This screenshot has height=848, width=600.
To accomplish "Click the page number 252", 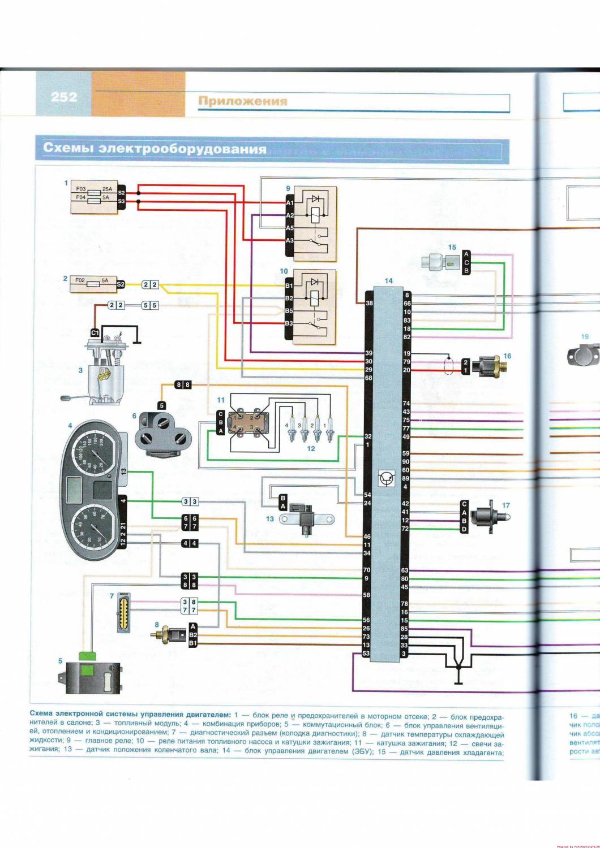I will click(64, 97).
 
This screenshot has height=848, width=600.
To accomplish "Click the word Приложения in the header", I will click(242, 101).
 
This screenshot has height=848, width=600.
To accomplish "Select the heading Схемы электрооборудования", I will click(155, 149).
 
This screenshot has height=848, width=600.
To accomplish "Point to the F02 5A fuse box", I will click(93, 284).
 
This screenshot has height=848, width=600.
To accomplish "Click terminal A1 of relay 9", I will click(290, 202).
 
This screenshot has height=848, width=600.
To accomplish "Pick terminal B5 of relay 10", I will click(289, 311).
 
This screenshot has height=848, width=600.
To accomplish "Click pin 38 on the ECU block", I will click(369, 304).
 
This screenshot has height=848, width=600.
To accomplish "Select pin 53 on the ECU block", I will click(366, 654).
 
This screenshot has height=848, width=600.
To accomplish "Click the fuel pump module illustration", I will click(106, 367).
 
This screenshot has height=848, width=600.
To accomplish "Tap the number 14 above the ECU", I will click(388, 281).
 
